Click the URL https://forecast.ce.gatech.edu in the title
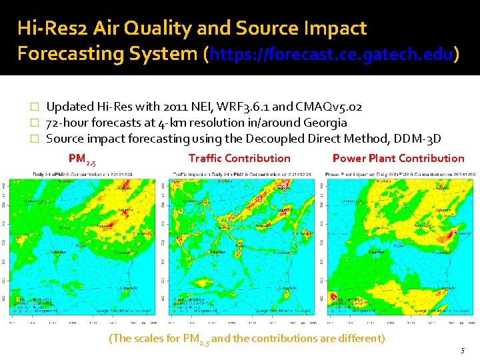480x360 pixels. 331,54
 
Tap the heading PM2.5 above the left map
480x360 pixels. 82,159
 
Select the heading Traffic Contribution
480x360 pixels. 239,159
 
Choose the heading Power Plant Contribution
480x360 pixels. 398,159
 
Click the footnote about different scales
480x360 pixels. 247,339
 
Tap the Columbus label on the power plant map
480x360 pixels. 375,252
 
